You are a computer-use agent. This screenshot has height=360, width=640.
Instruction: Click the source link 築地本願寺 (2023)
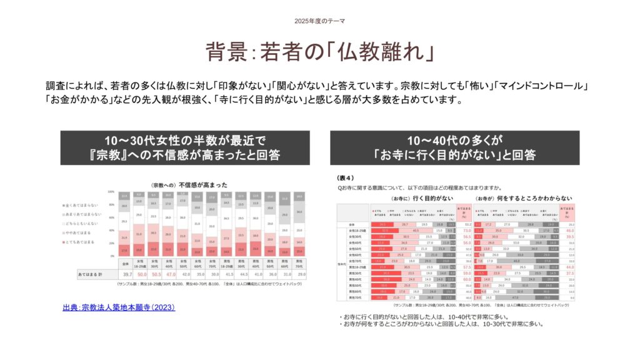[118, 307]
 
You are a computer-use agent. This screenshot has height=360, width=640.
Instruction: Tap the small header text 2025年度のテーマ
[319, 21]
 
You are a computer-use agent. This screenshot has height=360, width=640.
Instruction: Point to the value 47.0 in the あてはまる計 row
[169, 274]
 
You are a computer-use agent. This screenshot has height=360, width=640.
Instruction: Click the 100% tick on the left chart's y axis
[111, 191]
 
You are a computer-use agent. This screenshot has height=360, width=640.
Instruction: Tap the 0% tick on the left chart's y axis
[112, 256]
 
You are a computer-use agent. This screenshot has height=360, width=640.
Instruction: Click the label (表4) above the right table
[345, 177]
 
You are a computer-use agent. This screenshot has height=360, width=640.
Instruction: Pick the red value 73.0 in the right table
[466, 231]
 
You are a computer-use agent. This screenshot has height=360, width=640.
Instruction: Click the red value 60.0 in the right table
[466, 279]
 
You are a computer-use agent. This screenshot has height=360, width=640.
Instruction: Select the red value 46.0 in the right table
[570, 231]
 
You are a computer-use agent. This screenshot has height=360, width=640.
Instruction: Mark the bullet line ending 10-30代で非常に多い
[441, 324]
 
